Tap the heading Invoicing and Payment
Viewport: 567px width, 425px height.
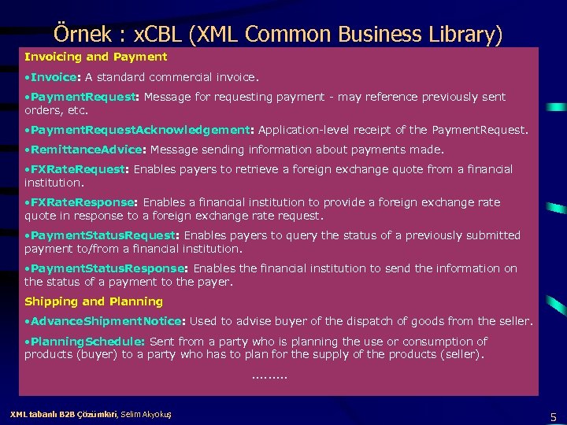(95, 57)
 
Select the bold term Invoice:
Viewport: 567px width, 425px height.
(55, 77)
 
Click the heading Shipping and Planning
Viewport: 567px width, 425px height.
(94, 301)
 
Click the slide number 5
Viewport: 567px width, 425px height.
(554, 416)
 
